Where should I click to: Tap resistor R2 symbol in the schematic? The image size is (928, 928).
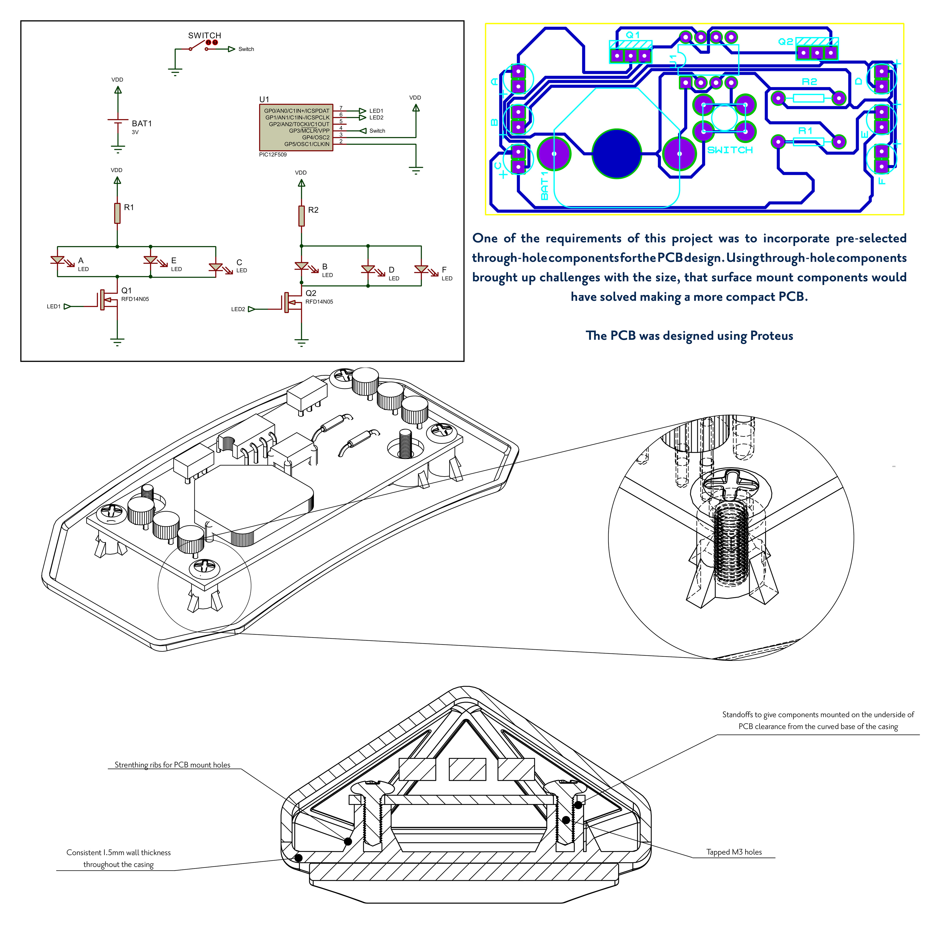click(x=302, y=216)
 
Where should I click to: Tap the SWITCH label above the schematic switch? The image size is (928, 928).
click(x=205, y=36)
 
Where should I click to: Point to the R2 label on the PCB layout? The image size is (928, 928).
click(x=809, y=82)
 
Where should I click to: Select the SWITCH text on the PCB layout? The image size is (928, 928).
click(x=730, y=150)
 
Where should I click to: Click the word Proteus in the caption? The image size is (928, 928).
click(x=771, y=336)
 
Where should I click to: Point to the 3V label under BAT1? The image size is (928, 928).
click(x=135, y=132)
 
